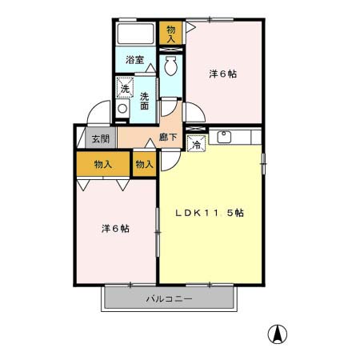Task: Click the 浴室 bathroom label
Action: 134,59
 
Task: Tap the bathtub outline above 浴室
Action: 136,35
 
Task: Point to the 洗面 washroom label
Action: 145,102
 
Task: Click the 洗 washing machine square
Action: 125,86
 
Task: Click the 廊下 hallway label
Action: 168,138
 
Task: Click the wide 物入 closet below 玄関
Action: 103,164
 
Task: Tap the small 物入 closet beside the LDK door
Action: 144,164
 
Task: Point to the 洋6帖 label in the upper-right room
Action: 223,74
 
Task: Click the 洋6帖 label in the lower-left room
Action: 115,229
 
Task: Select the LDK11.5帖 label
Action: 210,214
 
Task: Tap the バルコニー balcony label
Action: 169,298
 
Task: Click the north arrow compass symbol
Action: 277,334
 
